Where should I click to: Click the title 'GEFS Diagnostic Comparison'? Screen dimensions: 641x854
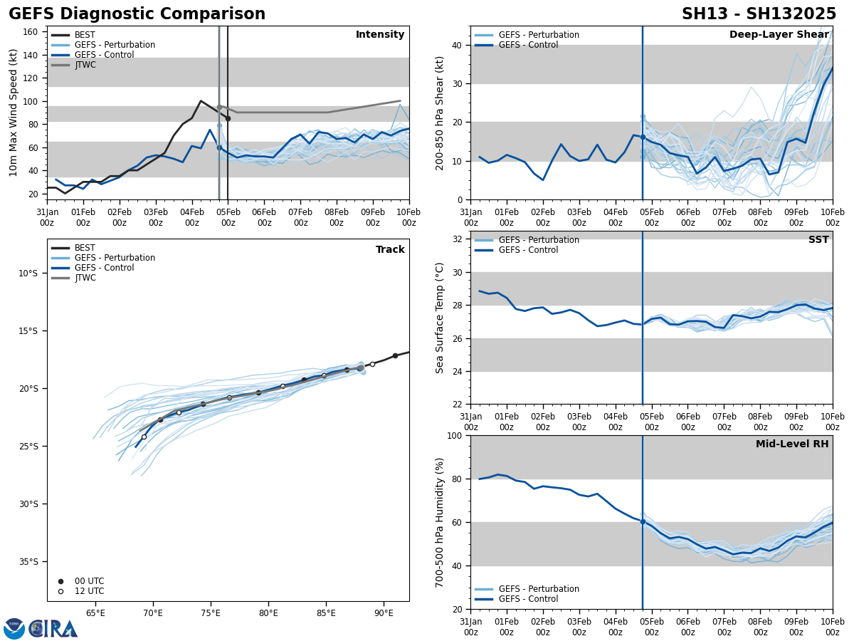pos(137,14)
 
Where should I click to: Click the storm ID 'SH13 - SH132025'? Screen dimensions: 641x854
pos(759,14)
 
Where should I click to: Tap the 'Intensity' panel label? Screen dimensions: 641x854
pos(380,35)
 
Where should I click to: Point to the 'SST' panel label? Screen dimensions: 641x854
pos(818,240)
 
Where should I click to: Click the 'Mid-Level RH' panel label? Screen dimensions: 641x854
pos(792,444)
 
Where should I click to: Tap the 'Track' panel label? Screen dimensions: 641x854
pos(390,250)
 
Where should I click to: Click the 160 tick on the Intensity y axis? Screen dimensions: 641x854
pos(31,32)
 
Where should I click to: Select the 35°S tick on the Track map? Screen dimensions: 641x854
pos(28,562)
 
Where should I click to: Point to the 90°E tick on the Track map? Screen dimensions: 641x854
pos(384,613)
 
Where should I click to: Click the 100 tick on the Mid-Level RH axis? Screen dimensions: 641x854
pos(455,436)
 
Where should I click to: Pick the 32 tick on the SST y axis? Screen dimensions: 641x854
pos(458,239)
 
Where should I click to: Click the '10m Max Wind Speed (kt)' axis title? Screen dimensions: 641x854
pos(14,113)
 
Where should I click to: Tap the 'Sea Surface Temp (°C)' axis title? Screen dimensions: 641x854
pos(440,318)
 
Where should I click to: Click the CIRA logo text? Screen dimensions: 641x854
pos(54,629)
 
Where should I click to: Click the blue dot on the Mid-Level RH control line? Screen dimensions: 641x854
pos(643,522)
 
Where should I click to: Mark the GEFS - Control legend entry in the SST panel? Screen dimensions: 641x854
pos(528,250)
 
